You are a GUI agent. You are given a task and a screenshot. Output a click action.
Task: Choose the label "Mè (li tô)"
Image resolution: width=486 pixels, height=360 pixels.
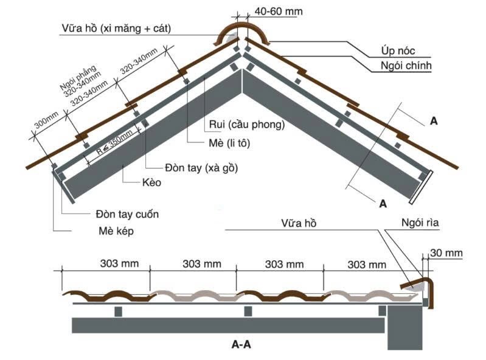coord(228,144)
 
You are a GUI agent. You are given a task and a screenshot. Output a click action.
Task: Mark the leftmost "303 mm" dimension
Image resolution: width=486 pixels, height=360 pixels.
coord(119,264)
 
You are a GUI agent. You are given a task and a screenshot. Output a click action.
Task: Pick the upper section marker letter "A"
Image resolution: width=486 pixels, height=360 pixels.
coord(434,120)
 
